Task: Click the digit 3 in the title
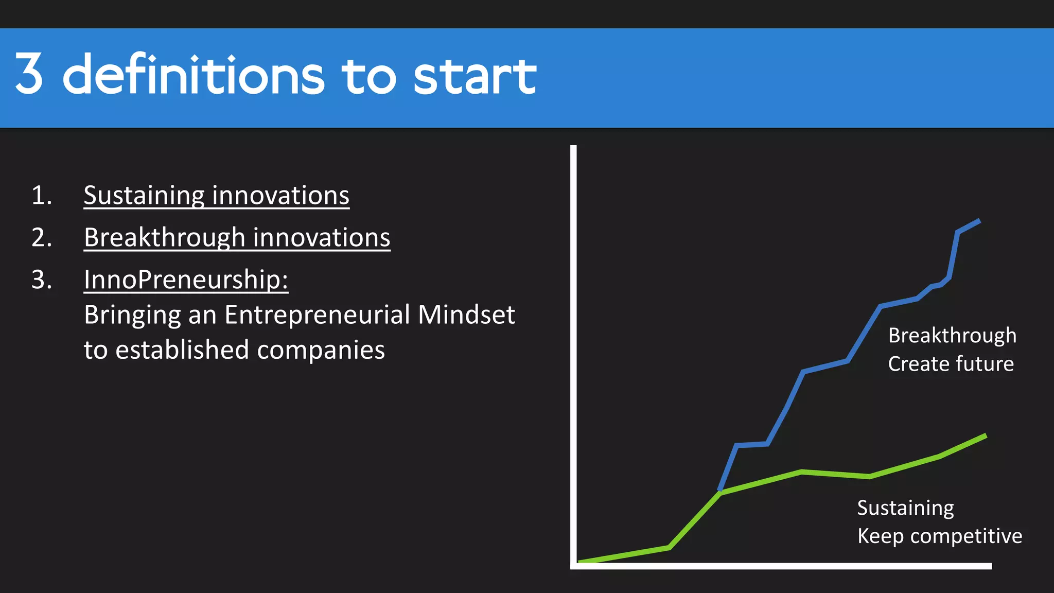pyautogui.click(x=29, y=75)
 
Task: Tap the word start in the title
pyautogui.click(x=475, y=76)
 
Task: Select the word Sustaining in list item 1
pyautogui.click(x=145, y=196)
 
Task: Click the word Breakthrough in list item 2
pyautogui.click(x=165, y=238)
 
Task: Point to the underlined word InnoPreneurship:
pyautogui.click(x=186, y=280)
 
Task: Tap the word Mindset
pyautogui.click(x=466, y=315)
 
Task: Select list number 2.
pyautogui.click(x=42, y=238)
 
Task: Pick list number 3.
pyautogui.click(x=42, y=280)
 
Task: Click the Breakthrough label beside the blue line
pyautogui.click(x=952, y=336)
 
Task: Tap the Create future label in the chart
pyautogui.click(x=951, y=364)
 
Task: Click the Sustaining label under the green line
pyautogui.click(x=905, y=508)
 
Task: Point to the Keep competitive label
pyautogui.click(x=939, y=536)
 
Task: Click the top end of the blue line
pyautogui.click(x=979, y=221)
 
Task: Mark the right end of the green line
pyautogui.click(x=985, y=436)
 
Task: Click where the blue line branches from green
pyautogui.click(x=720, y=492)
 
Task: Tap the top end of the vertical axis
pyautogui.click(x=573, y=148)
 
